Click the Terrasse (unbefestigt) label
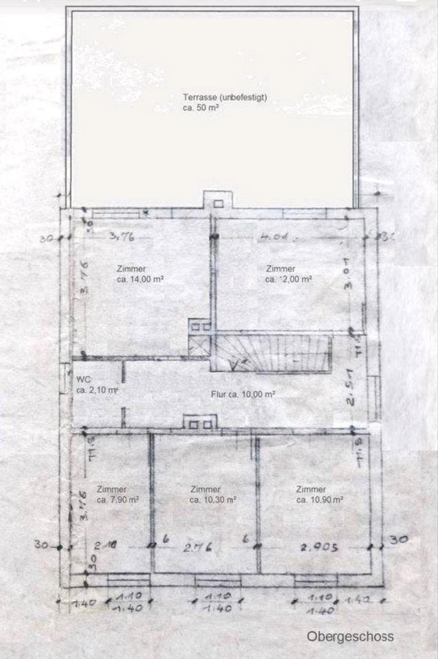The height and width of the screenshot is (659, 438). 224,97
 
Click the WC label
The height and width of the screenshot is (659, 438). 83,378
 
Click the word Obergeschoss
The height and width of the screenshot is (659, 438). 350,636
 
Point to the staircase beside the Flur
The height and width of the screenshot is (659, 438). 274,353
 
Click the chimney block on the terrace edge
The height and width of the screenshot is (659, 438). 219,201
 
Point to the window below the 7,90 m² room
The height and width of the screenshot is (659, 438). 127,580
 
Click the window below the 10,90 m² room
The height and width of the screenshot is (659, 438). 316,580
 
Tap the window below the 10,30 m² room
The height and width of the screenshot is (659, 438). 217,580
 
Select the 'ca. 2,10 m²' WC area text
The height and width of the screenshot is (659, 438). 97,390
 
